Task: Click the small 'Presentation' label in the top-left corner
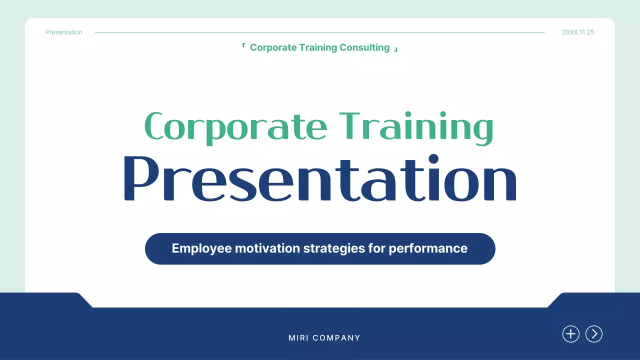64,32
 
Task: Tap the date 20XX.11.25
578,32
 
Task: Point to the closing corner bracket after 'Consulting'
396,49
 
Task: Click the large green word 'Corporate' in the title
235,126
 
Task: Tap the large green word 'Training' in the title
416,126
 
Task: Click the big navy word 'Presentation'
320,179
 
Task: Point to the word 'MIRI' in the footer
298,338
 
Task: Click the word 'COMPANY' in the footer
336,338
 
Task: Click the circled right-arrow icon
594,334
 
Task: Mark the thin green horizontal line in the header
320,32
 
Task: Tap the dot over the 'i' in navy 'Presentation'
432,159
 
